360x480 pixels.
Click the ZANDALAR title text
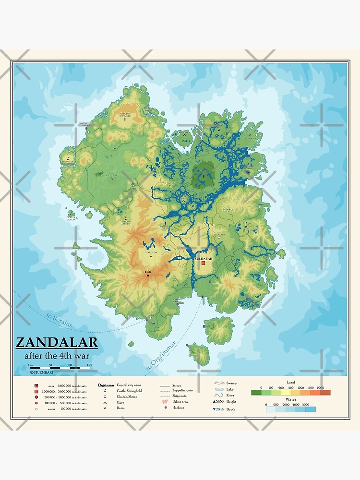tap(57, 343)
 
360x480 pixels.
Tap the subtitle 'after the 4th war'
tap(57, 356)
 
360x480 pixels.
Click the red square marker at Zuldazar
tap(204, 264)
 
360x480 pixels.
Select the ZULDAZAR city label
tap(204, 258)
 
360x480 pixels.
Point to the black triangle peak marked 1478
tap(148, 276)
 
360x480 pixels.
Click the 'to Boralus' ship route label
tap(59, 321)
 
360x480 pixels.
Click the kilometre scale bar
tap(60, 368)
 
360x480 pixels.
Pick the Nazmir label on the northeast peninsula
tap(249, 138)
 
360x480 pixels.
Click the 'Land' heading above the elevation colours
tap(290, 382)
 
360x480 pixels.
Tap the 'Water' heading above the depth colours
tap(290, 399)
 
